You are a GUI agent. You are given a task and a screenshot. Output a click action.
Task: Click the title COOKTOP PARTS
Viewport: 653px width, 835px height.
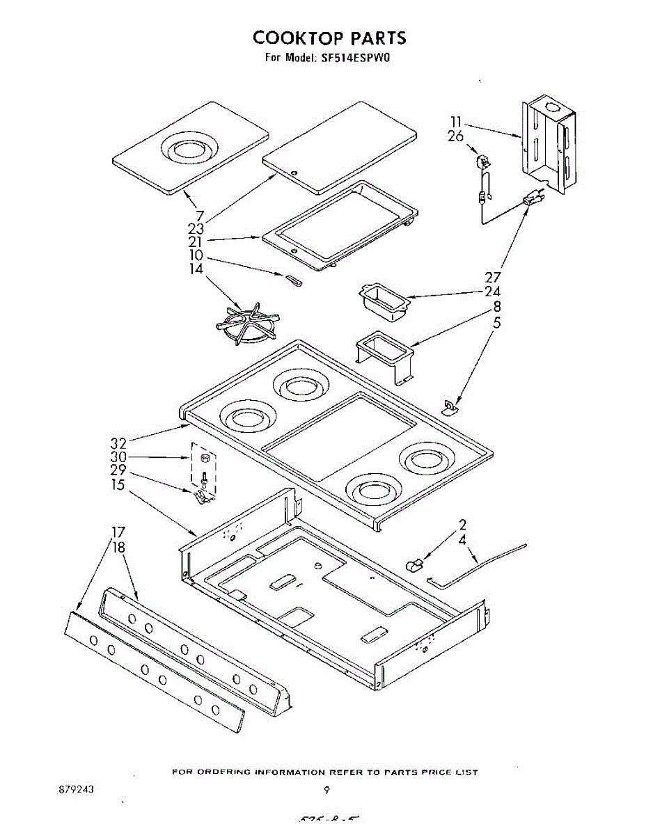[x=329, y=37]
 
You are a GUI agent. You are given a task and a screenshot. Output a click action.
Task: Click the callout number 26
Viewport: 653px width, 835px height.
[x=455, y=137]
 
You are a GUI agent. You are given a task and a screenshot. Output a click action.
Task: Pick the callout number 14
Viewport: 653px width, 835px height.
[x=196, y=268]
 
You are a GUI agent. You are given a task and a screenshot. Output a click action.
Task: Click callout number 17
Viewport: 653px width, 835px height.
[x=118, y=533]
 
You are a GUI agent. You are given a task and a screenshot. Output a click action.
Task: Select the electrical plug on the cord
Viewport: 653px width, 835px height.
[x=533, y=200]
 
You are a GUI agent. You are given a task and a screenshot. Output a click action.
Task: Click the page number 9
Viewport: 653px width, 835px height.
[x=326, y=790]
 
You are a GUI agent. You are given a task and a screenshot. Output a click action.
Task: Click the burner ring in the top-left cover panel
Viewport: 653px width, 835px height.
[x=189, y=148]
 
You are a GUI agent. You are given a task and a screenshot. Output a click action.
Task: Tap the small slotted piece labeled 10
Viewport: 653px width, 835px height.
[x=292, y=279]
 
